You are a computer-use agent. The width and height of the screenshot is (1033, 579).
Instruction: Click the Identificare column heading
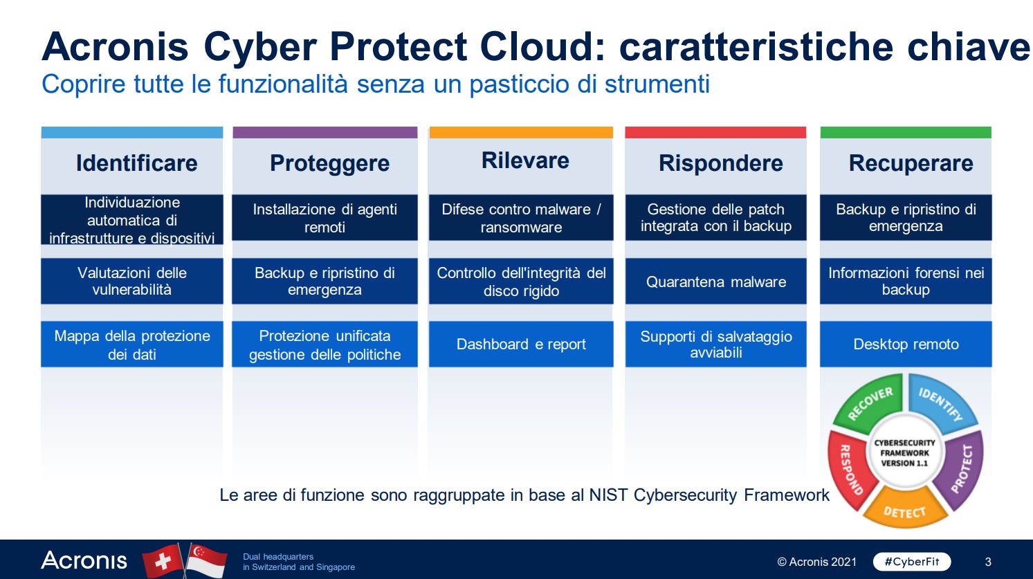point(136,163)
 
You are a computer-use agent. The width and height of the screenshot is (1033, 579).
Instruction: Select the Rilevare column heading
point(525,160)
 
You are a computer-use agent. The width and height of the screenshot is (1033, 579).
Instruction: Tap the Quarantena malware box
point(715,282)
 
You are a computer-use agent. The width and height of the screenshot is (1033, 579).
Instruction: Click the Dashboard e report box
point(521,344)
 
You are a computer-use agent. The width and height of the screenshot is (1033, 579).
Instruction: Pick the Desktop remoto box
point(906,344)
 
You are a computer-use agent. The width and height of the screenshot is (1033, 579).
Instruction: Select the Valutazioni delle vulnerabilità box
point(132,282)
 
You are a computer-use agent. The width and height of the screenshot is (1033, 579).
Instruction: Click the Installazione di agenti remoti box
point(324,218)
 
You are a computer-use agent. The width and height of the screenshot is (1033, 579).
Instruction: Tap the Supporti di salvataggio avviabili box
point(715,344)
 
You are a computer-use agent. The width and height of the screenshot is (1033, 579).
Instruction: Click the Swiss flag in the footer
point(163,560)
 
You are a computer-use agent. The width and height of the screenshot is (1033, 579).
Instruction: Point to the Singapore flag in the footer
point(207,560)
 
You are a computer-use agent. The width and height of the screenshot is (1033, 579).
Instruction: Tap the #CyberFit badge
point(912,562)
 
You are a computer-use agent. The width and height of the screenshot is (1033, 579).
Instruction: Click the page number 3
point(988,562)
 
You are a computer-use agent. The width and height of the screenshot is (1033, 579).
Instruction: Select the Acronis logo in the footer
point(84,560)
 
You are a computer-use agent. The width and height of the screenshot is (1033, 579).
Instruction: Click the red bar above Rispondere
point(715,132)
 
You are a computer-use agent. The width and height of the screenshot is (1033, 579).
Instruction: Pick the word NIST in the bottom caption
point(608,495)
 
